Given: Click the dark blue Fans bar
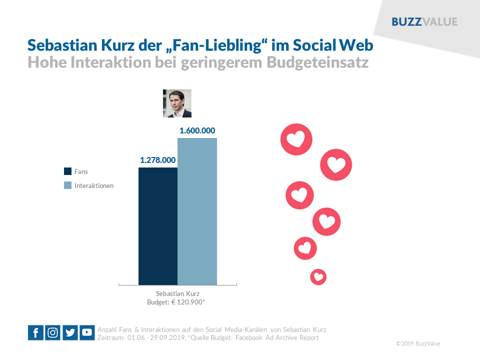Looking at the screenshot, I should (158, 226).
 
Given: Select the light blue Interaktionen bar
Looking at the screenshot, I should (197, 211).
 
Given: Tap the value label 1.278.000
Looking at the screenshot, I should (157, 160).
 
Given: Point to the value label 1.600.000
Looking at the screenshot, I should (197, 131).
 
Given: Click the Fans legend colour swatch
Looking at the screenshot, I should (67, 171).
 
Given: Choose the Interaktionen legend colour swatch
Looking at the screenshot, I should (67, 185).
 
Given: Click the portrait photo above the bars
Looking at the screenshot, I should (177, 103).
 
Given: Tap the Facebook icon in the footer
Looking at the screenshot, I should (35, 332).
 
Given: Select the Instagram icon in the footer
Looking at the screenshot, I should (52, 332).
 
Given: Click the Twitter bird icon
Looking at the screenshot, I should (70, 332).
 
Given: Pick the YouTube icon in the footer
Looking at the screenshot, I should (87, 332).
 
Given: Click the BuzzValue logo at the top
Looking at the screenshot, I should (424, 22).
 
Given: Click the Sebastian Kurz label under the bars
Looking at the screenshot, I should (177, 293).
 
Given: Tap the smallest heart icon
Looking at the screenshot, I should (318, 276).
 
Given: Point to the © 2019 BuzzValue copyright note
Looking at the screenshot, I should (418, 343).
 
